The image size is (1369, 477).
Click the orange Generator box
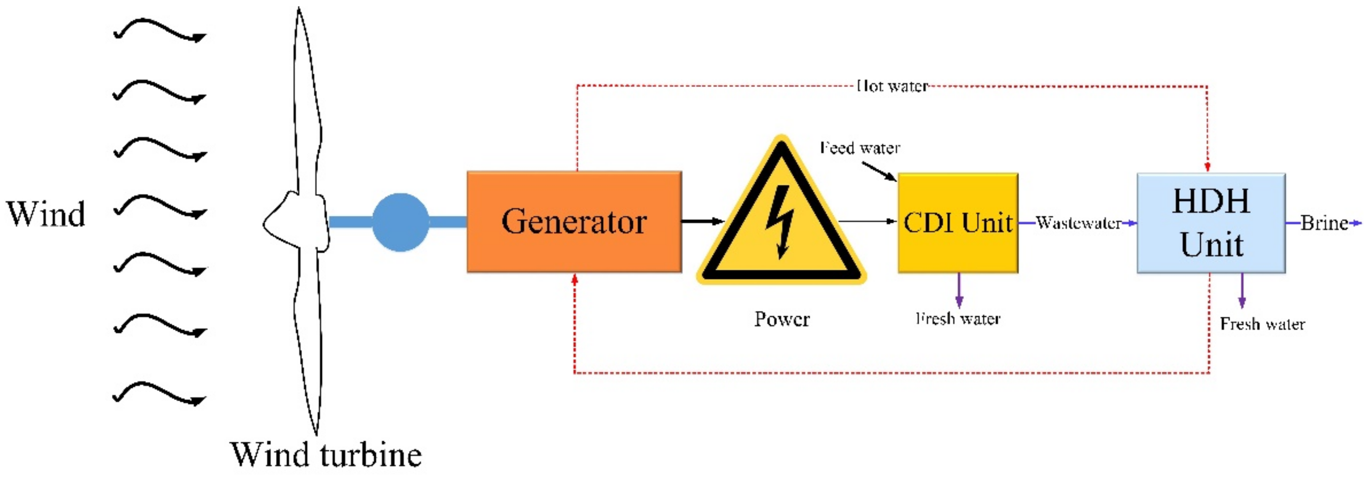[574, 222]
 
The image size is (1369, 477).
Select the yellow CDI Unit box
[958, 223]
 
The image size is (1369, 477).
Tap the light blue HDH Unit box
[1211, 223]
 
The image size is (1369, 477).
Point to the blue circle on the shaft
[400, 222]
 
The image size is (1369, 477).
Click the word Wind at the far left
[46, 214]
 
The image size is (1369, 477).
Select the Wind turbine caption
[326, 455]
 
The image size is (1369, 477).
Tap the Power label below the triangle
[782, 319]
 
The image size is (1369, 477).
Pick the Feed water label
[860, 148]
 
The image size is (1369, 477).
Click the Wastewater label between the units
[1078, 223]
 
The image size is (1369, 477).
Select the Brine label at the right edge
[1324, 223]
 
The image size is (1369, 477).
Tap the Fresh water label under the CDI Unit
[958, 319]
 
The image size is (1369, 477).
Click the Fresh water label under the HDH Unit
[1262, 323]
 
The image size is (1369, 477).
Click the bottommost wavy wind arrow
[159, 394]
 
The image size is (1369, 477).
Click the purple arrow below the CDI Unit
[959, 291]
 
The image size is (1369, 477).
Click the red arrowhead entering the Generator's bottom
[575, 279]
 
